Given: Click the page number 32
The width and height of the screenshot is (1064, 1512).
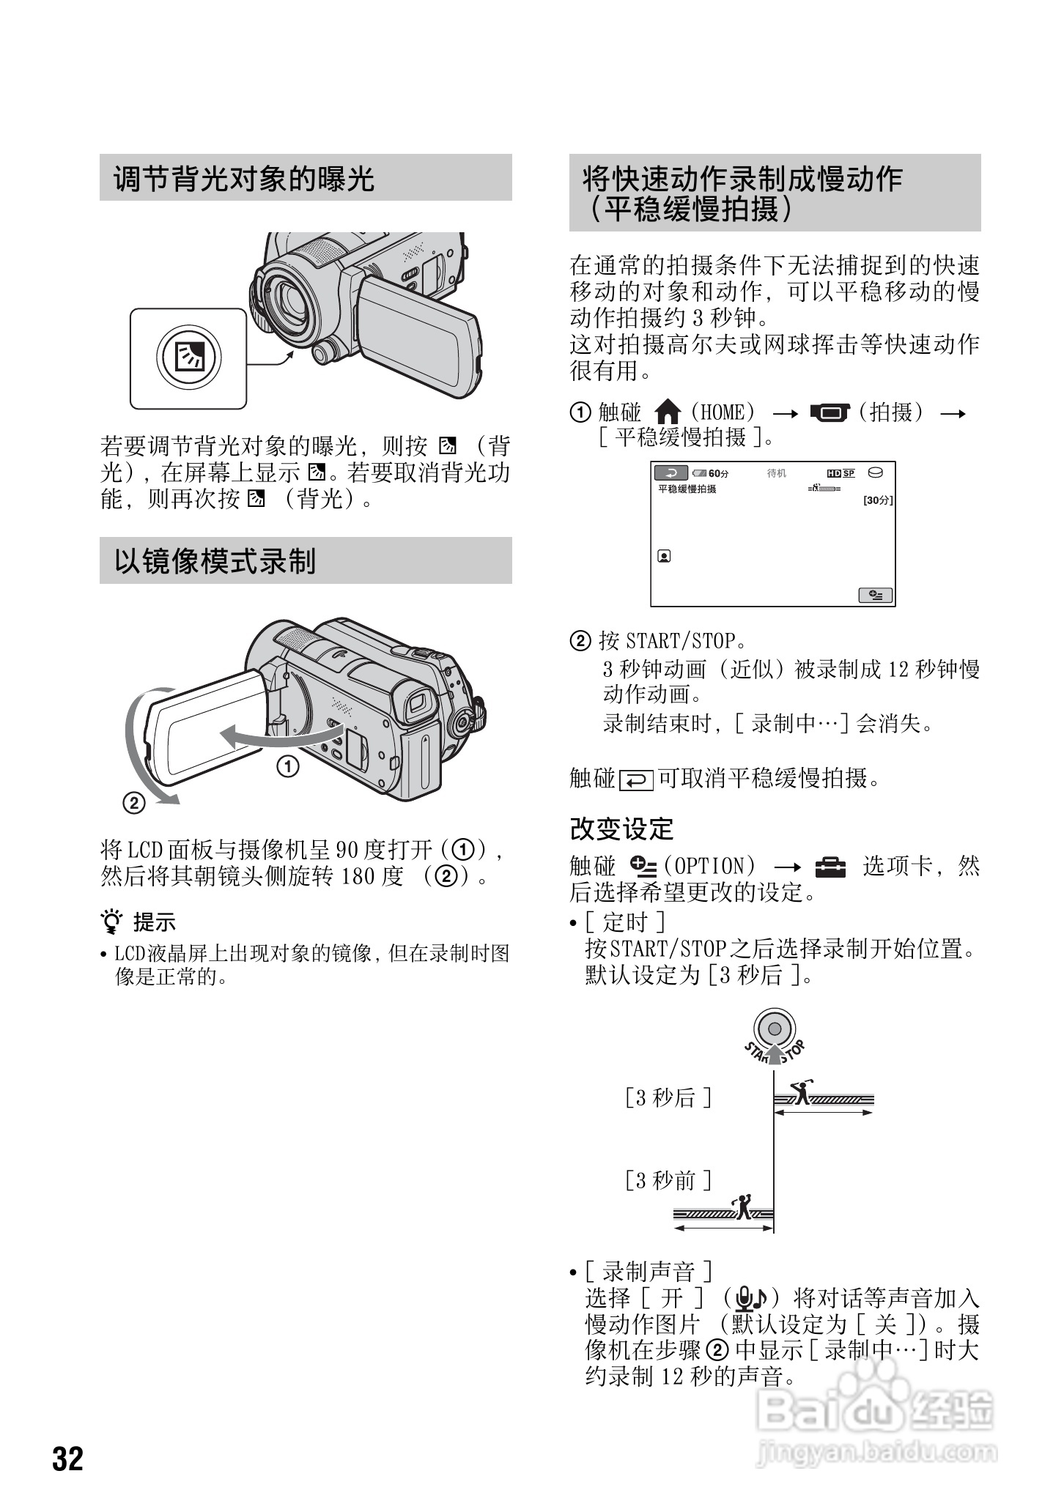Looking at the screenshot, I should [68, 1459].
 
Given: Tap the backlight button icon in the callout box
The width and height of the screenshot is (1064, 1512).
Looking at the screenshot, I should [188, 358].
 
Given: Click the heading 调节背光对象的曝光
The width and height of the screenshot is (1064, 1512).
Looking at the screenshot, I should [244, 178].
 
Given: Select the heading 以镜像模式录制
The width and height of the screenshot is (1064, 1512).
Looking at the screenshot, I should [215, 561].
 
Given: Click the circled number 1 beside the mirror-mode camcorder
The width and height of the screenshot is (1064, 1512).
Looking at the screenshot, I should [287, 767].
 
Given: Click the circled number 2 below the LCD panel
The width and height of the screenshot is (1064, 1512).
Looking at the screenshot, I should [134, 804].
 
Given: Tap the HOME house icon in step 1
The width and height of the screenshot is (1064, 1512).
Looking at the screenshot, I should [667, 412].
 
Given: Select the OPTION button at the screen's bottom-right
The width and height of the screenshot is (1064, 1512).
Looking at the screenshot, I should [876, 595].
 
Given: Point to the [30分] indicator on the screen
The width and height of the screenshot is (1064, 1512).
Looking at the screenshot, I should [878, 500].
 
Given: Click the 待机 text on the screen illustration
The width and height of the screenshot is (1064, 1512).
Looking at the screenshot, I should [777, 473].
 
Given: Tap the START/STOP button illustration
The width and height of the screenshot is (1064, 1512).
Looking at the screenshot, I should [775, 1029].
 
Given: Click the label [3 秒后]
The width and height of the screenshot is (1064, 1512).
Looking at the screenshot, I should [668, 1097].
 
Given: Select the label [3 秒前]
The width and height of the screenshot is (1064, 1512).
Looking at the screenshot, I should [668, 1180].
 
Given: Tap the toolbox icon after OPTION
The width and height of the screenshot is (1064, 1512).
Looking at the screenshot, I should [830, 867].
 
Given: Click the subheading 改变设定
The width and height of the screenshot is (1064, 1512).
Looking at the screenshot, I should [621, 829].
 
